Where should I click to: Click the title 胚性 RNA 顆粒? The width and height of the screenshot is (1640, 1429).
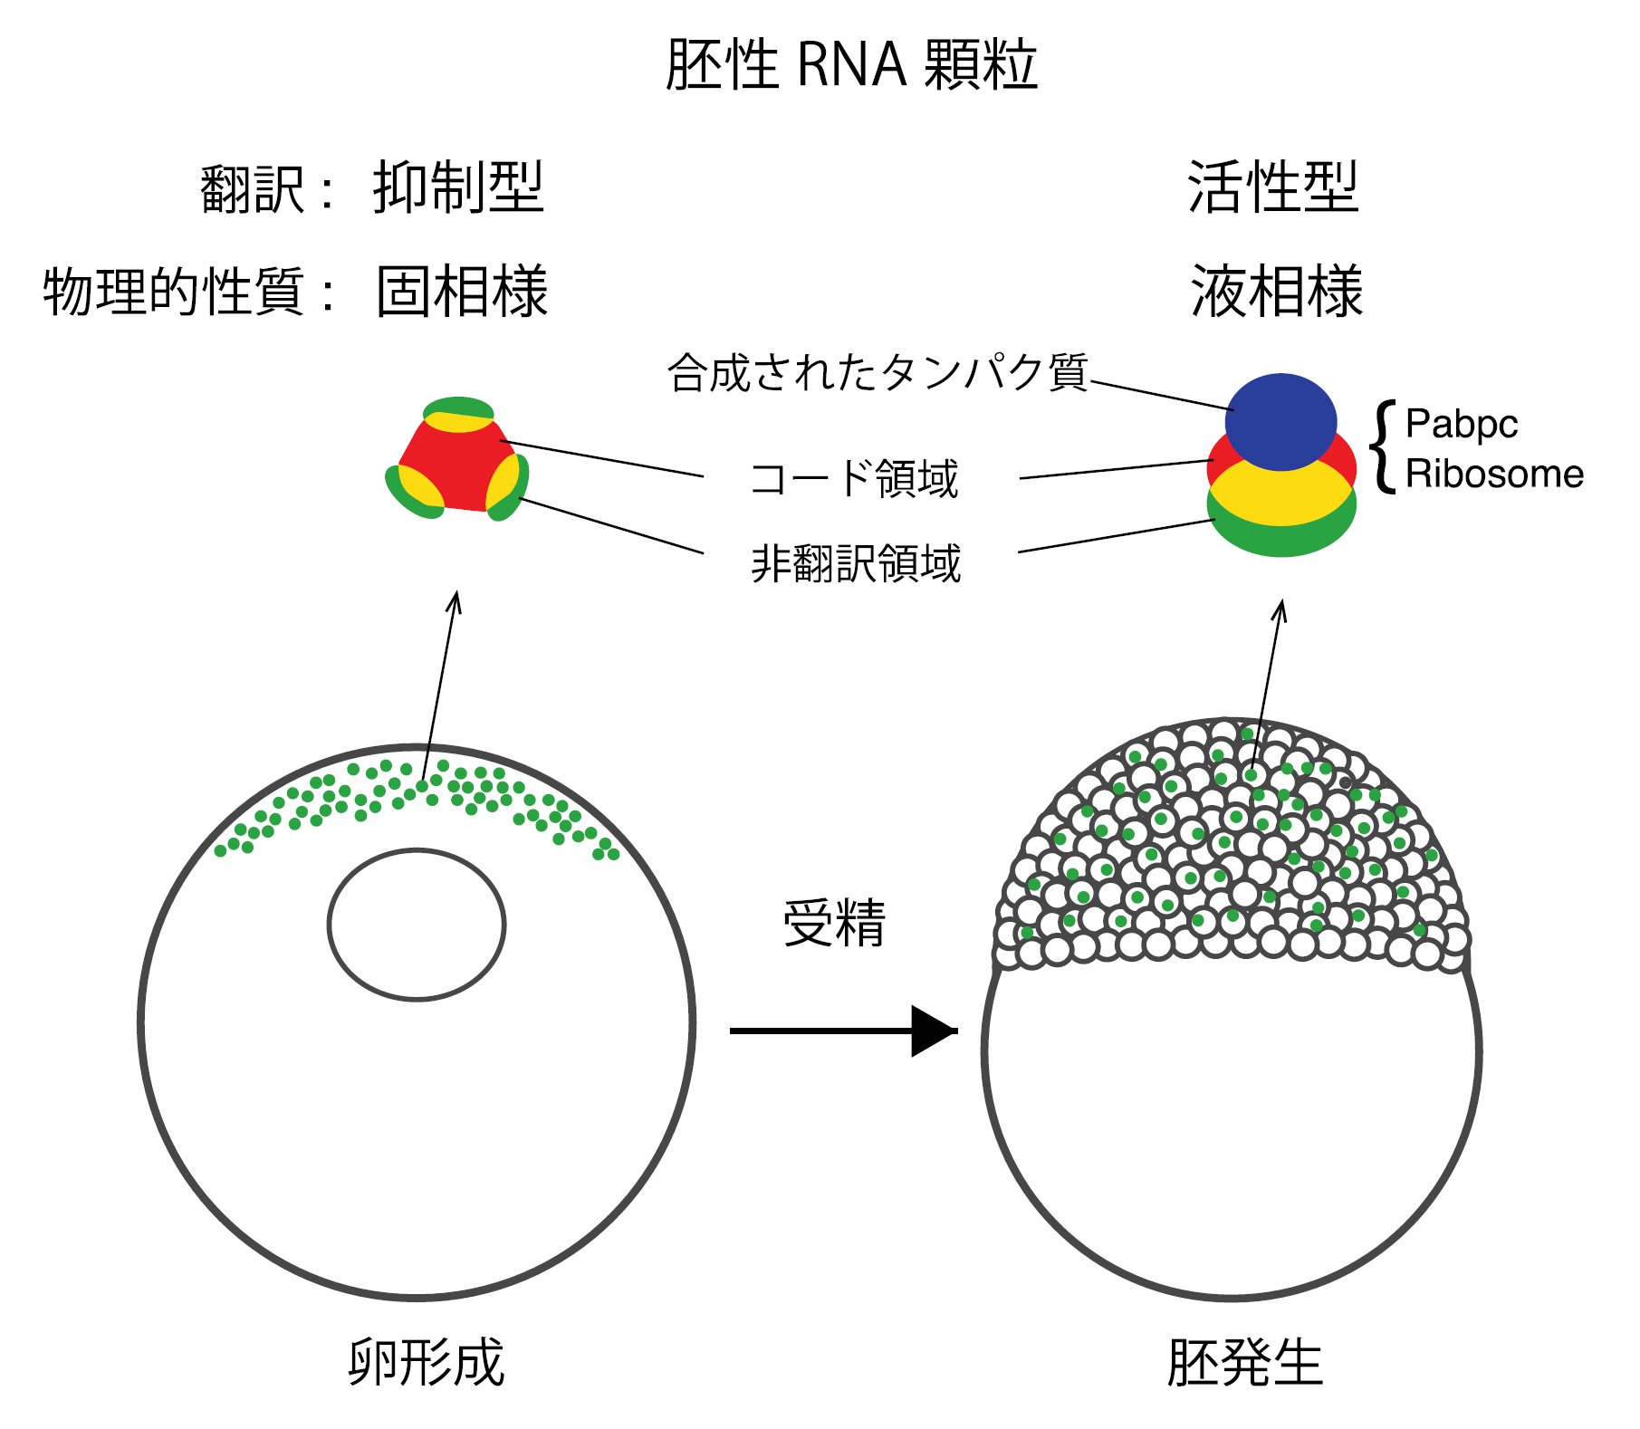pos(851,65)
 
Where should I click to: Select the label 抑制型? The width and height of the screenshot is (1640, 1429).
pos(458,187)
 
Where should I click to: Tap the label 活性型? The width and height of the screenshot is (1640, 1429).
pos(1273,187)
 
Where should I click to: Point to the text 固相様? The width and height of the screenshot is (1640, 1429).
pos(462,292)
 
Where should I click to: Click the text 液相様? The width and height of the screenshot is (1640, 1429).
pos(1277,292)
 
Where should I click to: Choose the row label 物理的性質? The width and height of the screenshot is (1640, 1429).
pos(173,292)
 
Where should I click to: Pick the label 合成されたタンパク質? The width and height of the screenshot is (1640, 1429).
pos(878,372)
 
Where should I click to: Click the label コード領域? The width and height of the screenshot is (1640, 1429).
pos(854,478)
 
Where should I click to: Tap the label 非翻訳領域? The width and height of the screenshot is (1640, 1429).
pos(856,563)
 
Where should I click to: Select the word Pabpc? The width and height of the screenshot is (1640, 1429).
pos(1462,424)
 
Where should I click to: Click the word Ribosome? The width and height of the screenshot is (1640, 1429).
pos(1494,474)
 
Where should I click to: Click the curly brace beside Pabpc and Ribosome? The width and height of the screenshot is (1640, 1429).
pos(1383,446)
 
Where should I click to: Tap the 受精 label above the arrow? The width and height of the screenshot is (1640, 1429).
pos(834,923)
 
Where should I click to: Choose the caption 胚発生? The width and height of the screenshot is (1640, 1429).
pos(1245,1362)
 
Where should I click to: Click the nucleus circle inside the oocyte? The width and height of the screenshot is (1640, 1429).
pos(417,849)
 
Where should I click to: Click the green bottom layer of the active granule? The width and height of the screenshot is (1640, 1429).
pos(1281,541)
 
